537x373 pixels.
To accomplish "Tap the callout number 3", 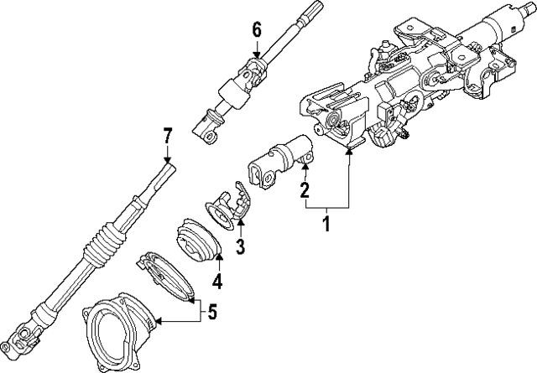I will [x=241, y=246].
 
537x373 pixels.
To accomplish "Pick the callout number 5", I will [x=211, y=313].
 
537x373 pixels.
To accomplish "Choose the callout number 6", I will [x=258, y=30].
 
